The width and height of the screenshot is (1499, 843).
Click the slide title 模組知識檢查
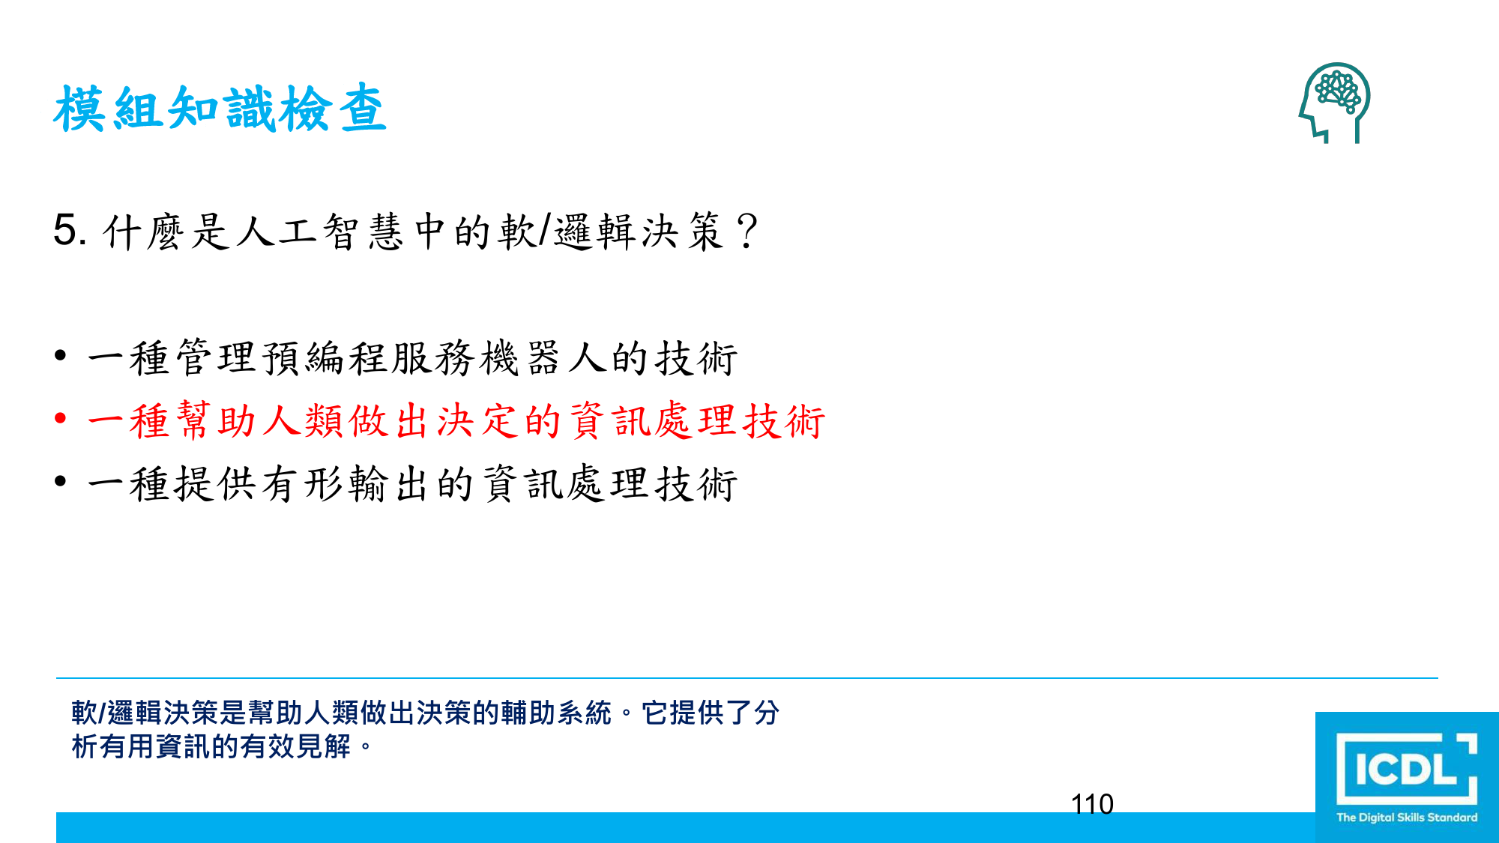220,109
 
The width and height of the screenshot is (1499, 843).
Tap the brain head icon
1335,103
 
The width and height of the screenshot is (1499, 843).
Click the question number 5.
70,229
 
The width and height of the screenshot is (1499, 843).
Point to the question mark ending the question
747,231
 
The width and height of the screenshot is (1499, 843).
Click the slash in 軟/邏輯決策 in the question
545,229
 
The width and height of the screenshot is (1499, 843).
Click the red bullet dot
61,418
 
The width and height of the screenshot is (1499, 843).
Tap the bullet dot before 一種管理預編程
61,355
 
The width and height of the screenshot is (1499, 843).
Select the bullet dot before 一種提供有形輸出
61,481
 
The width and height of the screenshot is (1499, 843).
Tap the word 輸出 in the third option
389,483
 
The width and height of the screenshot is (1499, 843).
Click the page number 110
1092,804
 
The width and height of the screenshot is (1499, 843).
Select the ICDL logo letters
1406,769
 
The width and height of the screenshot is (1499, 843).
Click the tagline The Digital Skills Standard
1407,818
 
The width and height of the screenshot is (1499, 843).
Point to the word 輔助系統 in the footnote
556,713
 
